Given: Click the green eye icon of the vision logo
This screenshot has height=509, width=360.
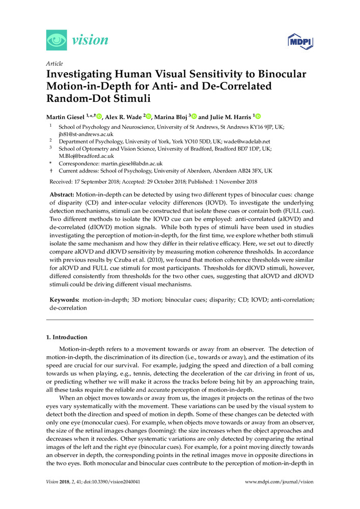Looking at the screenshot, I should (x=56, y=40).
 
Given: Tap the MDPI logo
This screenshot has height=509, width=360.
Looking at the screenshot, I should (x=300, y=41).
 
